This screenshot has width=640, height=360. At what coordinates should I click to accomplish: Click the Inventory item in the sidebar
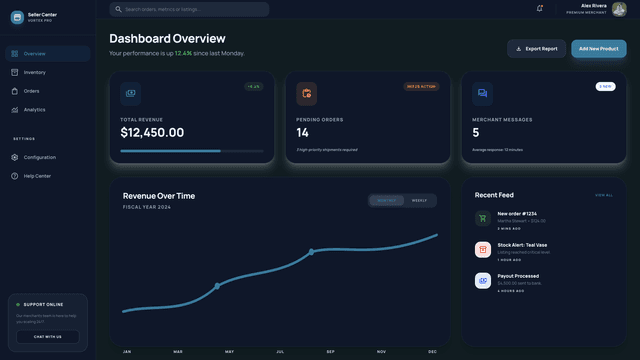click(35, 72)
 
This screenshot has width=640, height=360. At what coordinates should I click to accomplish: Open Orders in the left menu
click(32, 91)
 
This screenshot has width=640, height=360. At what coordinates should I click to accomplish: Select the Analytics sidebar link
click(35, 110)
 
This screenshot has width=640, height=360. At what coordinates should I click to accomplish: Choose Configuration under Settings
click(40, 157)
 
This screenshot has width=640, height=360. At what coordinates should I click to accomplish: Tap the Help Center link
click(37, 176)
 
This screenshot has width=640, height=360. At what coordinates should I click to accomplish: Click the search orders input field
click(190, 9)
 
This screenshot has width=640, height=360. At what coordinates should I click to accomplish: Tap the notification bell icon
click(540, 9)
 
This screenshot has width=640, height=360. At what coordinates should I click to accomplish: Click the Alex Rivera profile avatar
click(620, 9)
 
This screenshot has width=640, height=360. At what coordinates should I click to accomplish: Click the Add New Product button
click(598, 48)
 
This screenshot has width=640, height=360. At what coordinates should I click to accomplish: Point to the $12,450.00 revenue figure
click(152, 132)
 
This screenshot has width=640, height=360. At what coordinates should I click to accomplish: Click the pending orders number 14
click(303, 132)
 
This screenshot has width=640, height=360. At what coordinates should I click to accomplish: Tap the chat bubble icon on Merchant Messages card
click(483, 94)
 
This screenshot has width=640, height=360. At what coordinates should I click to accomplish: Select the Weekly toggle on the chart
click(420, 200)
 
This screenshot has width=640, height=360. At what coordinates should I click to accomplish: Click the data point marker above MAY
click(217, 286)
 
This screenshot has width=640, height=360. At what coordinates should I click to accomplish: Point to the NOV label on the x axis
click(381, 352)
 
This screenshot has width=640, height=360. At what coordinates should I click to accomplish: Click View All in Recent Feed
click(604, 195)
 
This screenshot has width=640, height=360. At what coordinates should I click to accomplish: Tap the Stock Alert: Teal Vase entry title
click(525, 245)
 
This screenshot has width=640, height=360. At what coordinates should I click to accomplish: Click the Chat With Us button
click(47, 337)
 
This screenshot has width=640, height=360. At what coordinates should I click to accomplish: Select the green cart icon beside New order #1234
click(483, 218)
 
